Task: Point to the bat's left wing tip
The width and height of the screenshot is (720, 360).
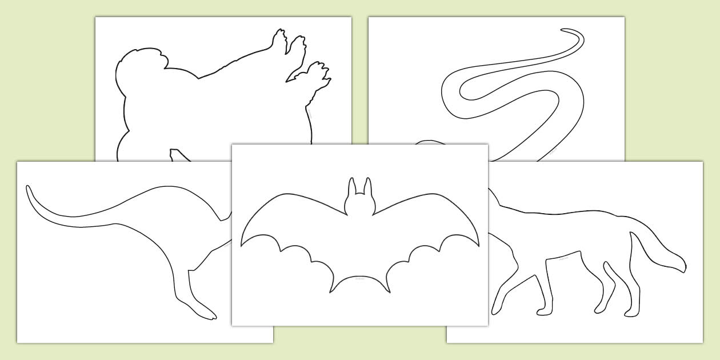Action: pos(242,245)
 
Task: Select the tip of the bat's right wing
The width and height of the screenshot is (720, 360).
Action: pos(478,246)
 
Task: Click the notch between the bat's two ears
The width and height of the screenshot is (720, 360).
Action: pos(359,195)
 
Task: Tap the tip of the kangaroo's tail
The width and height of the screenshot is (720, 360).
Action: pos(28,187)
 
